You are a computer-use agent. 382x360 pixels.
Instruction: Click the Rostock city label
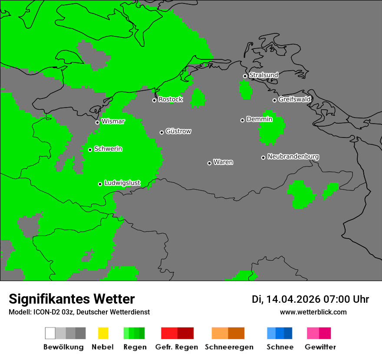pyautogui.click(x=170, y=99)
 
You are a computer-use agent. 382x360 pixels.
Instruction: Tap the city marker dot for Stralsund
pyautogui.click(x=245, y=76)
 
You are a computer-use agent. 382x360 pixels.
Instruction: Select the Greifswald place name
pyautogui.click(x=294, y=99)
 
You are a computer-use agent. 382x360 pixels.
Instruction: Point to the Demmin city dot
pyautogui.click(x=242, y=120)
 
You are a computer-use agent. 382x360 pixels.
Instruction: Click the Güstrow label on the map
pyautogui.click(x=178, y=131)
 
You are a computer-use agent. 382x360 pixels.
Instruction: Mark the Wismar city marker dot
pyautogui.click(x=97, y=122)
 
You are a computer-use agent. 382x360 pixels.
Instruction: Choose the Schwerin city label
pyautogui.click(x=108, y=149)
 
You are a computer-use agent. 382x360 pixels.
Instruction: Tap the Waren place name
pyautogui.click(x=223, y=162)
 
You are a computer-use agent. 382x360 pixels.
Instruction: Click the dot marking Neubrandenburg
pyautogui.click(x=263, y=157)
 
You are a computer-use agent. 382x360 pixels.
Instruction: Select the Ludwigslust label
pyautogui.click(x=122, y=183)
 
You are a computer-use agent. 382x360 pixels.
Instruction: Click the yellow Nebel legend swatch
pyautogui.click(x=103, y=333)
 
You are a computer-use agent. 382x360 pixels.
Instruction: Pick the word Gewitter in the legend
pyautogui.click(x=320, y=347)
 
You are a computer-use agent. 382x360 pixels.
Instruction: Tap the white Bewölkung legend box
pyautogui.click(x=50, y=333)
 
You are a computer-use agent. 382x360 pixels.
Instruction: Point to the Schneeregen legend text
pyautogui.click(x=229, y=347)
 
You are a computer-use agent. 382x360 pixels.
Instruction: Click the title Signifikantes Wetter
pyautogui.click(x=72, y=299)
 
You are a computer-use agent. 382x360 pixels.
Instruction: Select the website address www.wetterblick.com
pyautogui.click(x=313, y=312)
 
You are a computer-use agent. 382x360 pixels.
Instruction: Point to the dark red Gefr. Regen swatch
pyautogui.click(x=185, y=333)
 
